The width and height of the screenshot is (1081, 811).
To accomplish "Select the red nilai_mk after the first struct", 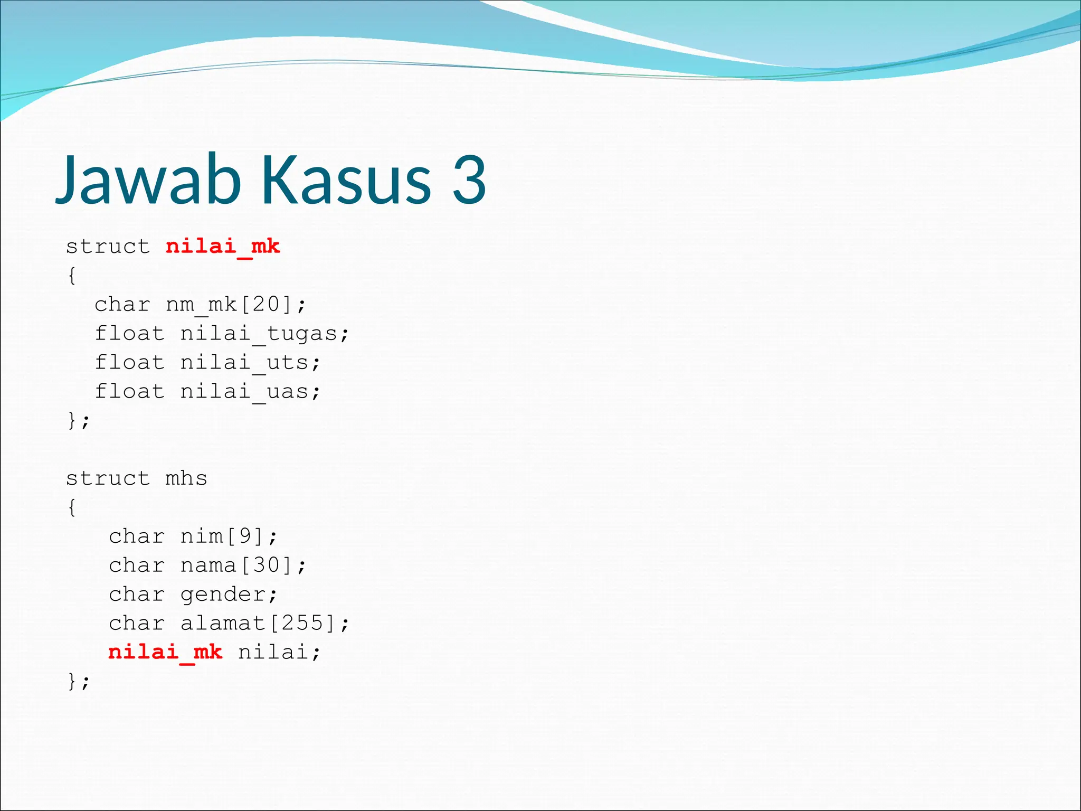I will point(222,247).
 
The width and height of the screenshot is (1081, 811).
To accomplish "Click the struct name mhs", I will point(186,478).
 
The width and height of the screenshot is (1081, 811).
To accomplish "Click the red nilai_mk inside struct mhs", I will point(165,653).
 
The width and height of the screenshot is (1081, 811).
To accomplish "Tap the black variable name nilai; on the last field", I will point(278,653).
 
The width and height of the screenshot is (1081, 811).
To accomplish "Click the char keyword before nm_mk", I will point(122,305).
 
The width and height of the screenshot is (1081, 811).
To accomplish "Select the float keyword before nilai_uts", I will point(129,363).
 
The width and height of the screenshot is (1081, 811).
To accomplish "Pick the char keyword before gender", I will point(137,595).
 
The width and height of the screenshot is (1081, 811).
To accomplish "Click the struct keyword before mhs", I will point(108,478).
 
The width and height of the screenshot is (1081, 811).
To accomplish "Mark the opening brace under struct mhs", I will point(72,507).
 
